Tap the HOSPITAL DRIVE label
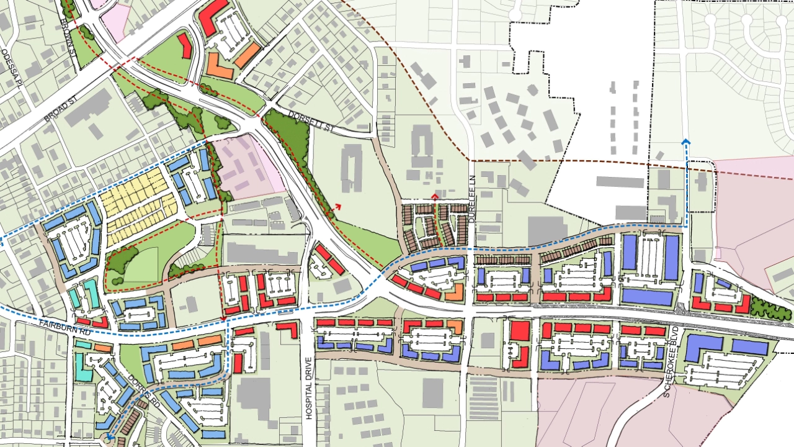pos(308,388)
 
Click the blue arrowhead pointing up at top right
pos(685,142)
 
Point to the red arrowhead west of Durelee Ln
pos(435,197)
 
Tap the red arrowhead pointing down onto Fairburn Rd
pos(223,319)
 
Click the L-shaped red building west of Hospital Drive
pos(288,328)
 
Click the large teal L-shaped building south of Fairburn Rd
pos(84,366)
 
